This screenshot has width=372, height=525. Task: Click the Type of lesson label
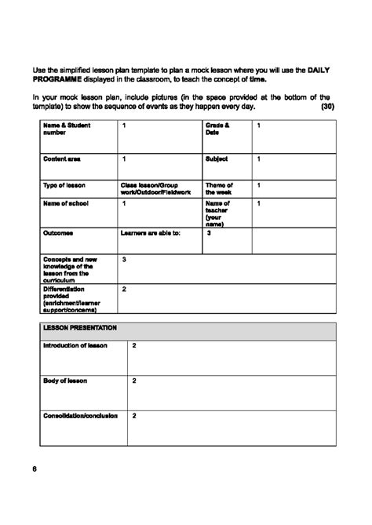pos(64,185)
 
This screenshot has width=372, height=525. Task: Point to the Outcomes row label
pos(58,232)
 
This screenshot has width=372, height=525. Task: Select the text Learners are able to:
pos(150,232)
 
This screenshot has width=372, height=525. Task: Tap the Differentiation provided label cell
pos(71,300)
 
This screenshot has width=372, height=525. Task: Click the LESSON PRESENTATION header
pos(80,327)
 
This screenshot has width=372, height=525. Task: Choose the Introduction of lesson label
pos(75,345)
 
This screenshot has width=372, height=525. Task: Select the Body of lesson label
pos(65,380)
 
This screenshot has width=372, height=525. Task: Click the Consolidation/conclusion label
pos(80,415)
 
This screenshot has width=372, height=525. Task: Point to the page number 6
pos(35,468)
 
